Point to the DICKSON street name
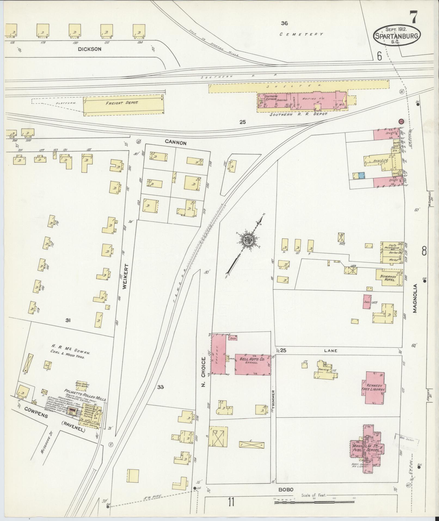pos(89,49)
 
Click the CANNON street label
pos(176,142)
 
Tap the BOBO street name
pos(286,489)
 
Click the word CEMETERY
pos(302,34)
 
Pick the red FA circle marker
pos(401,121)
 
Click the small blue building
pos(362,175)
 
